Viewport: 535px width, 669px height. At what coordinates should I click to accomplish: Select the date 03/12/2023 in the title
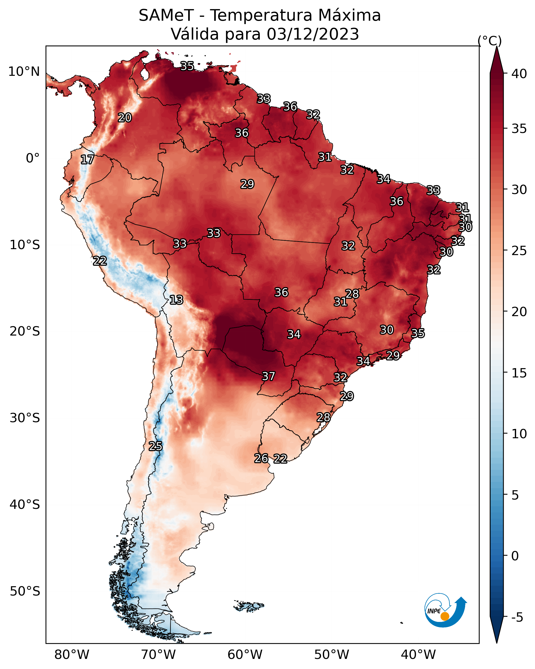(313, 34)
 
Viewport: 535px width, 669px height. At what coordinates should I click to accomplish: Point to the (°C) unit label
(489, 41)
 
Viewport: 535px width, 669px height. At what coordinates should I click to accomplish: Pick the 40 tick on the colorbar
(519, 74)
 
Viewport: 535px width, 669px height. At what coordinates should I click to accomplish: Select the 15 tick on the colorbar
(519, 373)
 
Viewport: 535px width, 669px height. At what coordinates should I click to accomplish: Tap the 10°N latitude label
(24, 72)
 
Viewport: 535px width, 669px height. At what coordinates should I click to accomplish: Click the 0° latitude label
(33, 158)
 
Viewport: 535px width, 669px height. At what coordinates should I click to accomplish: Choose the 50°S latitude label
(25, 591)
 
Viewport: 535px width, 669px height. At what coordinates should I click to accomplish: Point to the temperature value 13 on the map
(176, 300)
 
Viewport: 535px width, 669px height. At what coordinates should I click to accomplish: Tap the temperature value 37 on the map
(269, 376)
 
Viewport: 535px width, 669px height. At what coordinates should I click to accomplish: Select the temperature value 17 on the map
(87, 160)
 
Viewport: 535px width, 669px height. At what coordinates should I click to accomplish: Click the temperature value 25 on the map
(155, 446)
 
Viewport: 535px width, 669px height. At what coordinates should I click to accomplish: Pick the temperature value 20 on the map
(125, 118)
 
